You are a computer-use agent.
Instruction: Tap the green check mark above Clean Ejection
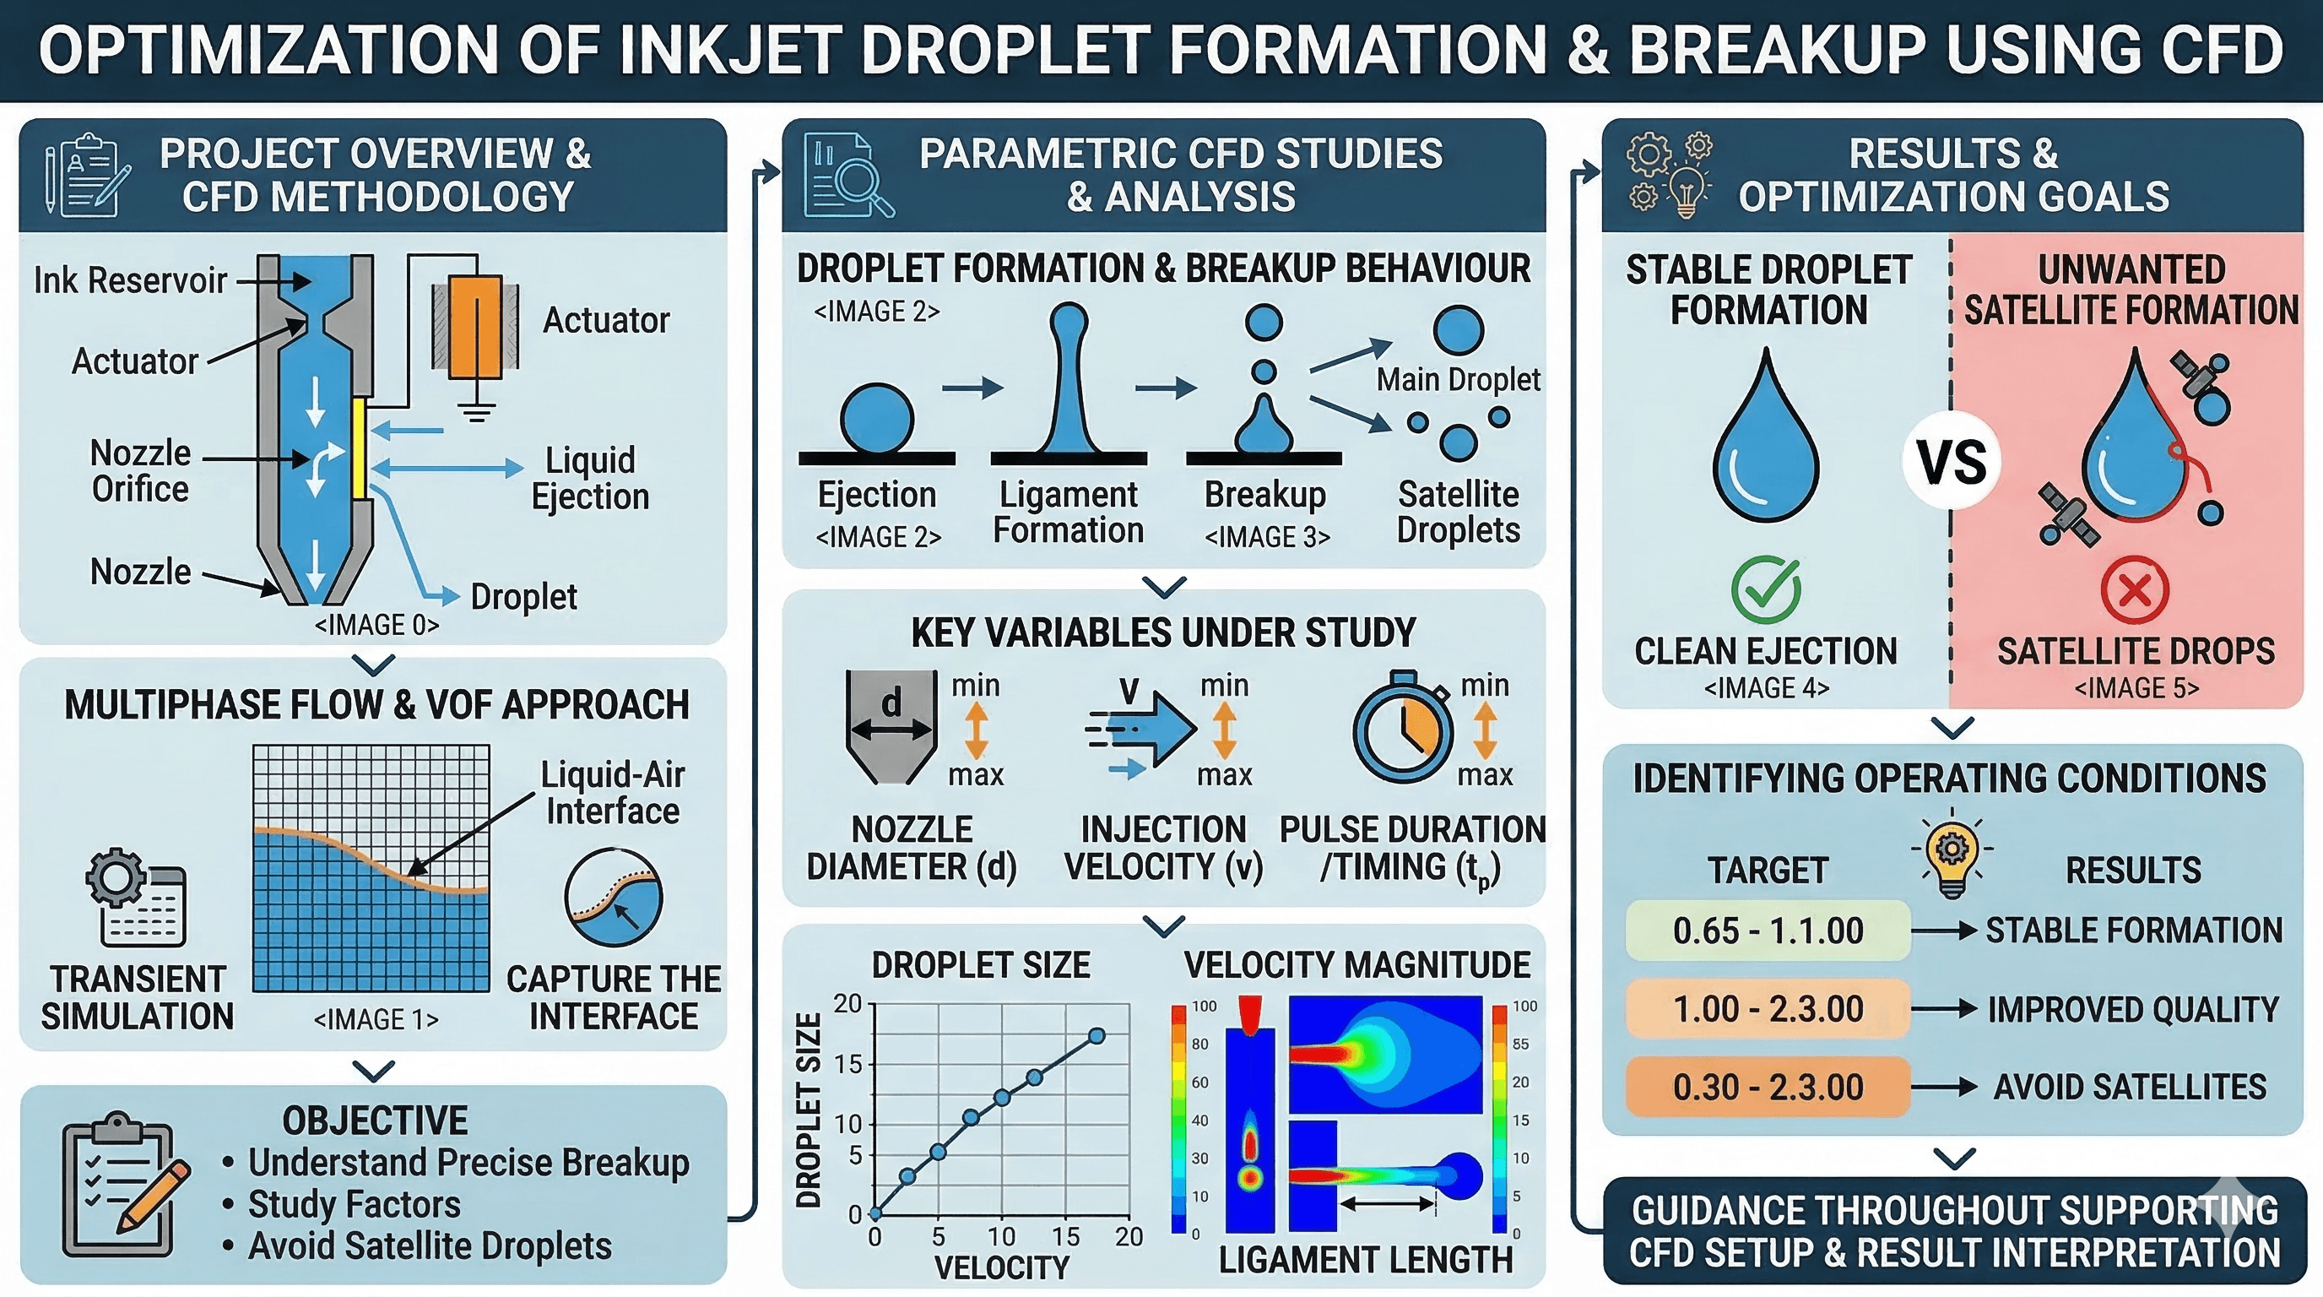(1766, 590)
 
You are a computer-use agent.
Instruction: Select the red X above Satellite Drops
(2134, 591)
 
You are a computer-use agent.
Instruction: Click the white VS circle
(1951, 462)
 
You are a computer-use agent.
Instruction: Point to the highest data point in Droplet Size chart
(1097, 1036)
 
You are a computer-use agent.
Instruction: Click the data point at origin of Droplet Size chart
(875, 1214)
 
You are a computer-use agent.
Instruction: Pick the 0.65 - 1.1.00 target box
(1768, 930)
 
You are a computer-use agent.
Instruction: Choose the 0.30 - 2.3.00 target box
(1768, 1087)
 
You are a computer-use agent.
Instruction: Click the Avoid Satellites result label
(2129, 1087)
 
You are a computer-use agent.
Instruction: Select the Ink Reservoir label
(130, 280)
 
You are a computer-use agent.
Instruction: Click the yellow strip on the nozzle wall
(358, 448)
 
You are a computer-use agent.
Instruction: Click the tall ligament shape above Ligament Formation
(1069, 379)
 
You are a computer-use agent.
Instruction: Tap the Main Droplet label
(1458, 380)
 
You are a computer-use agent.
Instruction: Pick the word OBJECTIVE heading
(375, 1121)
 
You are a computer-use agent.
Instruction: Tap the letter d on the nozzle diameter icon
(891, 701)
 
